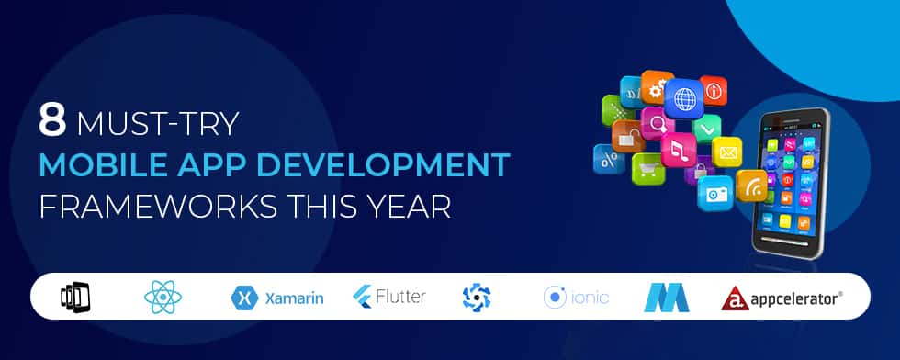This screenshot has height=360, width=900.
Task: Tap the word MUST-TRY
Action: (x=159, y=122)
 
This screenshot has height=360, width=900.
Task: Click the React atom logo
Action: (x=163, y=297)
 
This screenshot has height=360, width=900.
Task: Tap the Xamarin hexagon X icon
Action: (x=242, y=298)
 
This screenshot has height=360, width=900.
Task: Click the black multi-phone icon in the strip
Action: (x=75, y=297)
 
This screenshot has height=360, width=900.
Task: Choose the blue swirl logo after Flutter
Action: (x=477, y=297)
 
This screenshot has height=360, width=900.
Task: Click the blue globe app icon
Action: (x=683, y=96)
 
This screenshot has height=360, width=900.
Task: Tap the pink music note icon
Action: (x=678, y=149)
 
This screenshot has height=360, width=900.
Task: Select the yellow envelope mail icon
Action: (x=726, y=150)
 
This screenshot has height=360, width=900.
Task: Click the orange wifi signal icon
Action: (x=750, y=185)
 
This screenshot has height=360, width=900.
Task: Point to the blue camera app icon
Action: (x=714, y=192)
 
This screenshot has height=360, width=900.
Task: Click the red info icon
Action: (x=713, y=91)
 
